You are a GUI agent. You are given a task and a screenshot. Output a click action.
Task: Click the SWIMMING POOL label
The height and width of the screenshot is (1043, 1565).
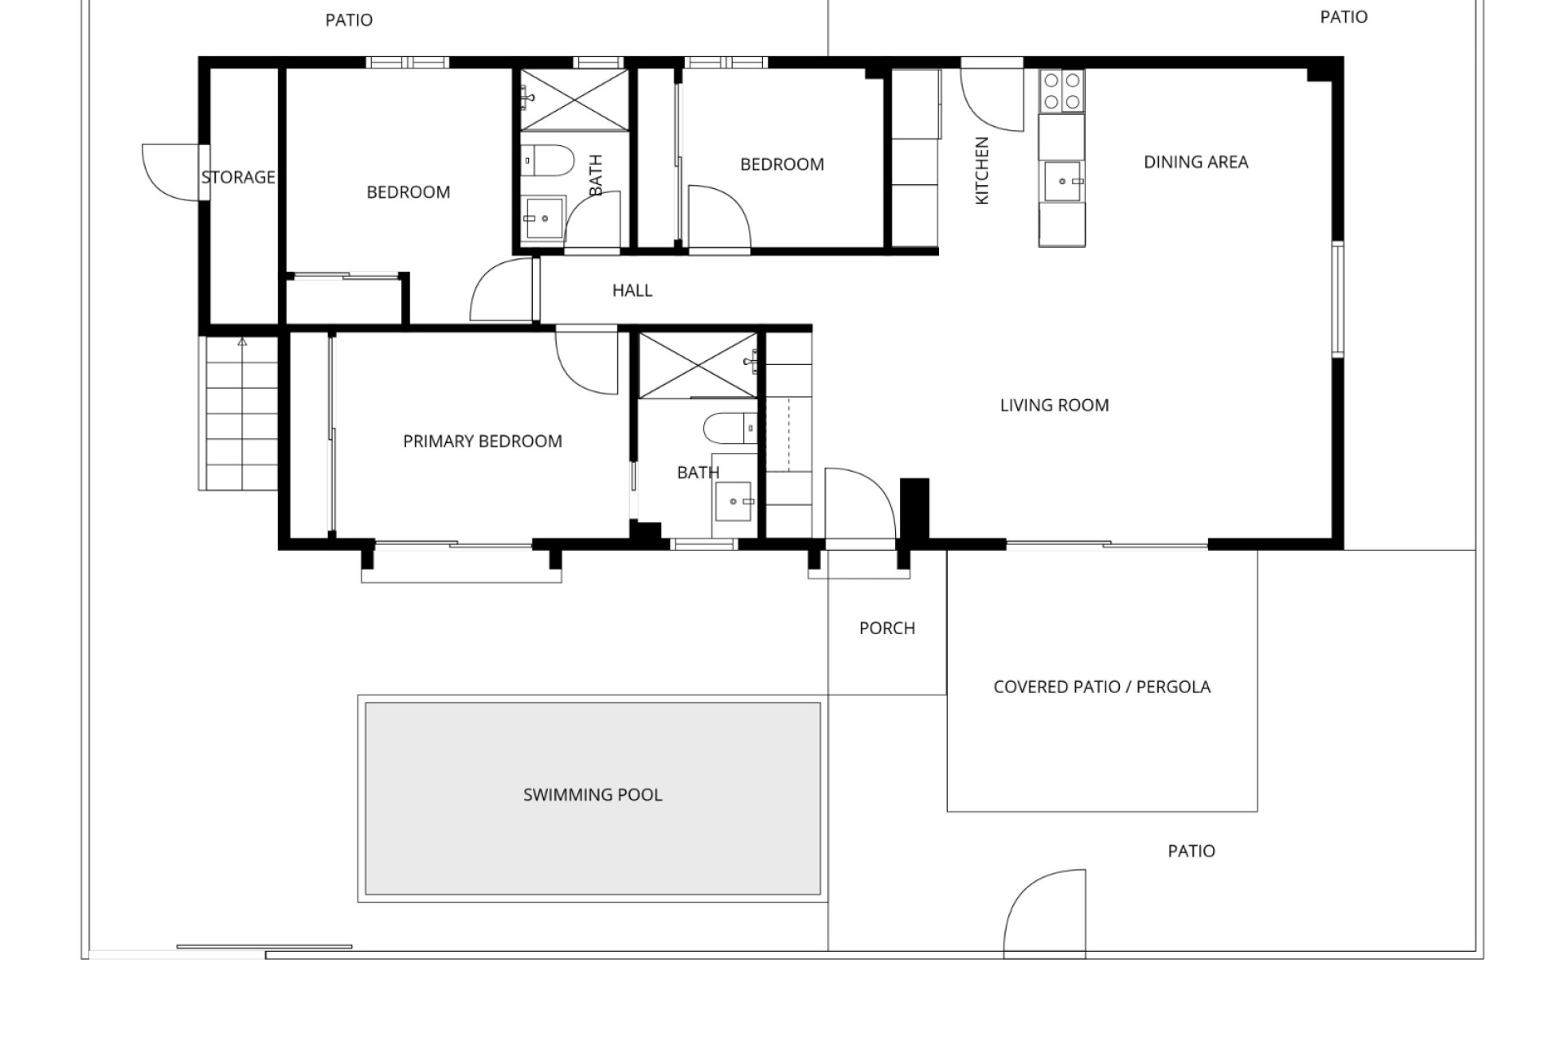[593, 794]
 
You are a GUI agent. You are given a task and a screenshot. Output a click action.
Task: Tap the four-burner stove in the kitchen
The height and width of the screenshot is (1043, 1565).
[1061, 91]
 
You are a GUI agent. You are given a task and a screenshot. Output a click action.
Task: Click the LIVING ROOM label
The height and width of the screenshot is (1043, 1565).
[1054, 405]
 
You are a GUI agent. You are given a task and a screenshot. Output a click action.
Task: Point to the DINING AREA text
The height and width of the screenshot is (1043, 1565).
[1196, 162]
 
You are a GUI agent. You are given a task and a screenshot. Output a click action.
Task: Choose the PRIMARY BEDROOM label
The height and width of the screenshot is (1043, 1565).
[483, 442]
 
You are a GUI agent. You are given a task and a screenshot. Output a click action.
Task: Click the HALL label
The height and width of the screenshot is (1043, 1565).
[633, 290]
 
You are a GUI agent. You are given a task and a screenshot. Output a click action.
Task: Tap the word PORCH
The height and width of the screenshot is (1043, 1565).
[887, 628]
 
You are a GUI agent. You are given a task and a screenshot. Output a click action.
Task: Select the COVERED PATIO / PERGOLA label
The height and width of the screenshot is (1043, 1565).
[1102, 687]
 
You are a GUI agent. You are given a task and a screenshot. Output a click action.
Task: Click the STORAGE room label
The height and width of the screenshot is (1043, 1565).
[238, 177]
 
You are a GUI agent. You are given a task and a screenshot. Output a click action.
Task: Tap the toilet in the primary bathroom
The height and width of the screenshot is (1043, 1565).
[730, 428]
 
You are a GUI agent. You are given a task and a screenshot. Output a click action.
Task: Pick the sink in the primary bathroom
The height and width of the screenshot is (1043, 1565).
[733, 502]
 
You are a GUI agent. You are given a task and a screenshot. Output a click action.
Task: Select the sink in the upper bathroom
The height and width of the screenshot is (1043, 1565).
[542, 218]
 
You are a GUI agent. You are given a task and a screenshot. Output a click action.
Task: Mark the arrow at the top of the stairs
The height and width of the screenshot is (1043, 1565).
[242, 341]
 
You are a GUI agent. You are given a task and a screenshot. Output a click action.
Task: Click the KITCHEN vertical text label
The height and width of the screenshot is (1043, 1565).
[982, 170]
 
